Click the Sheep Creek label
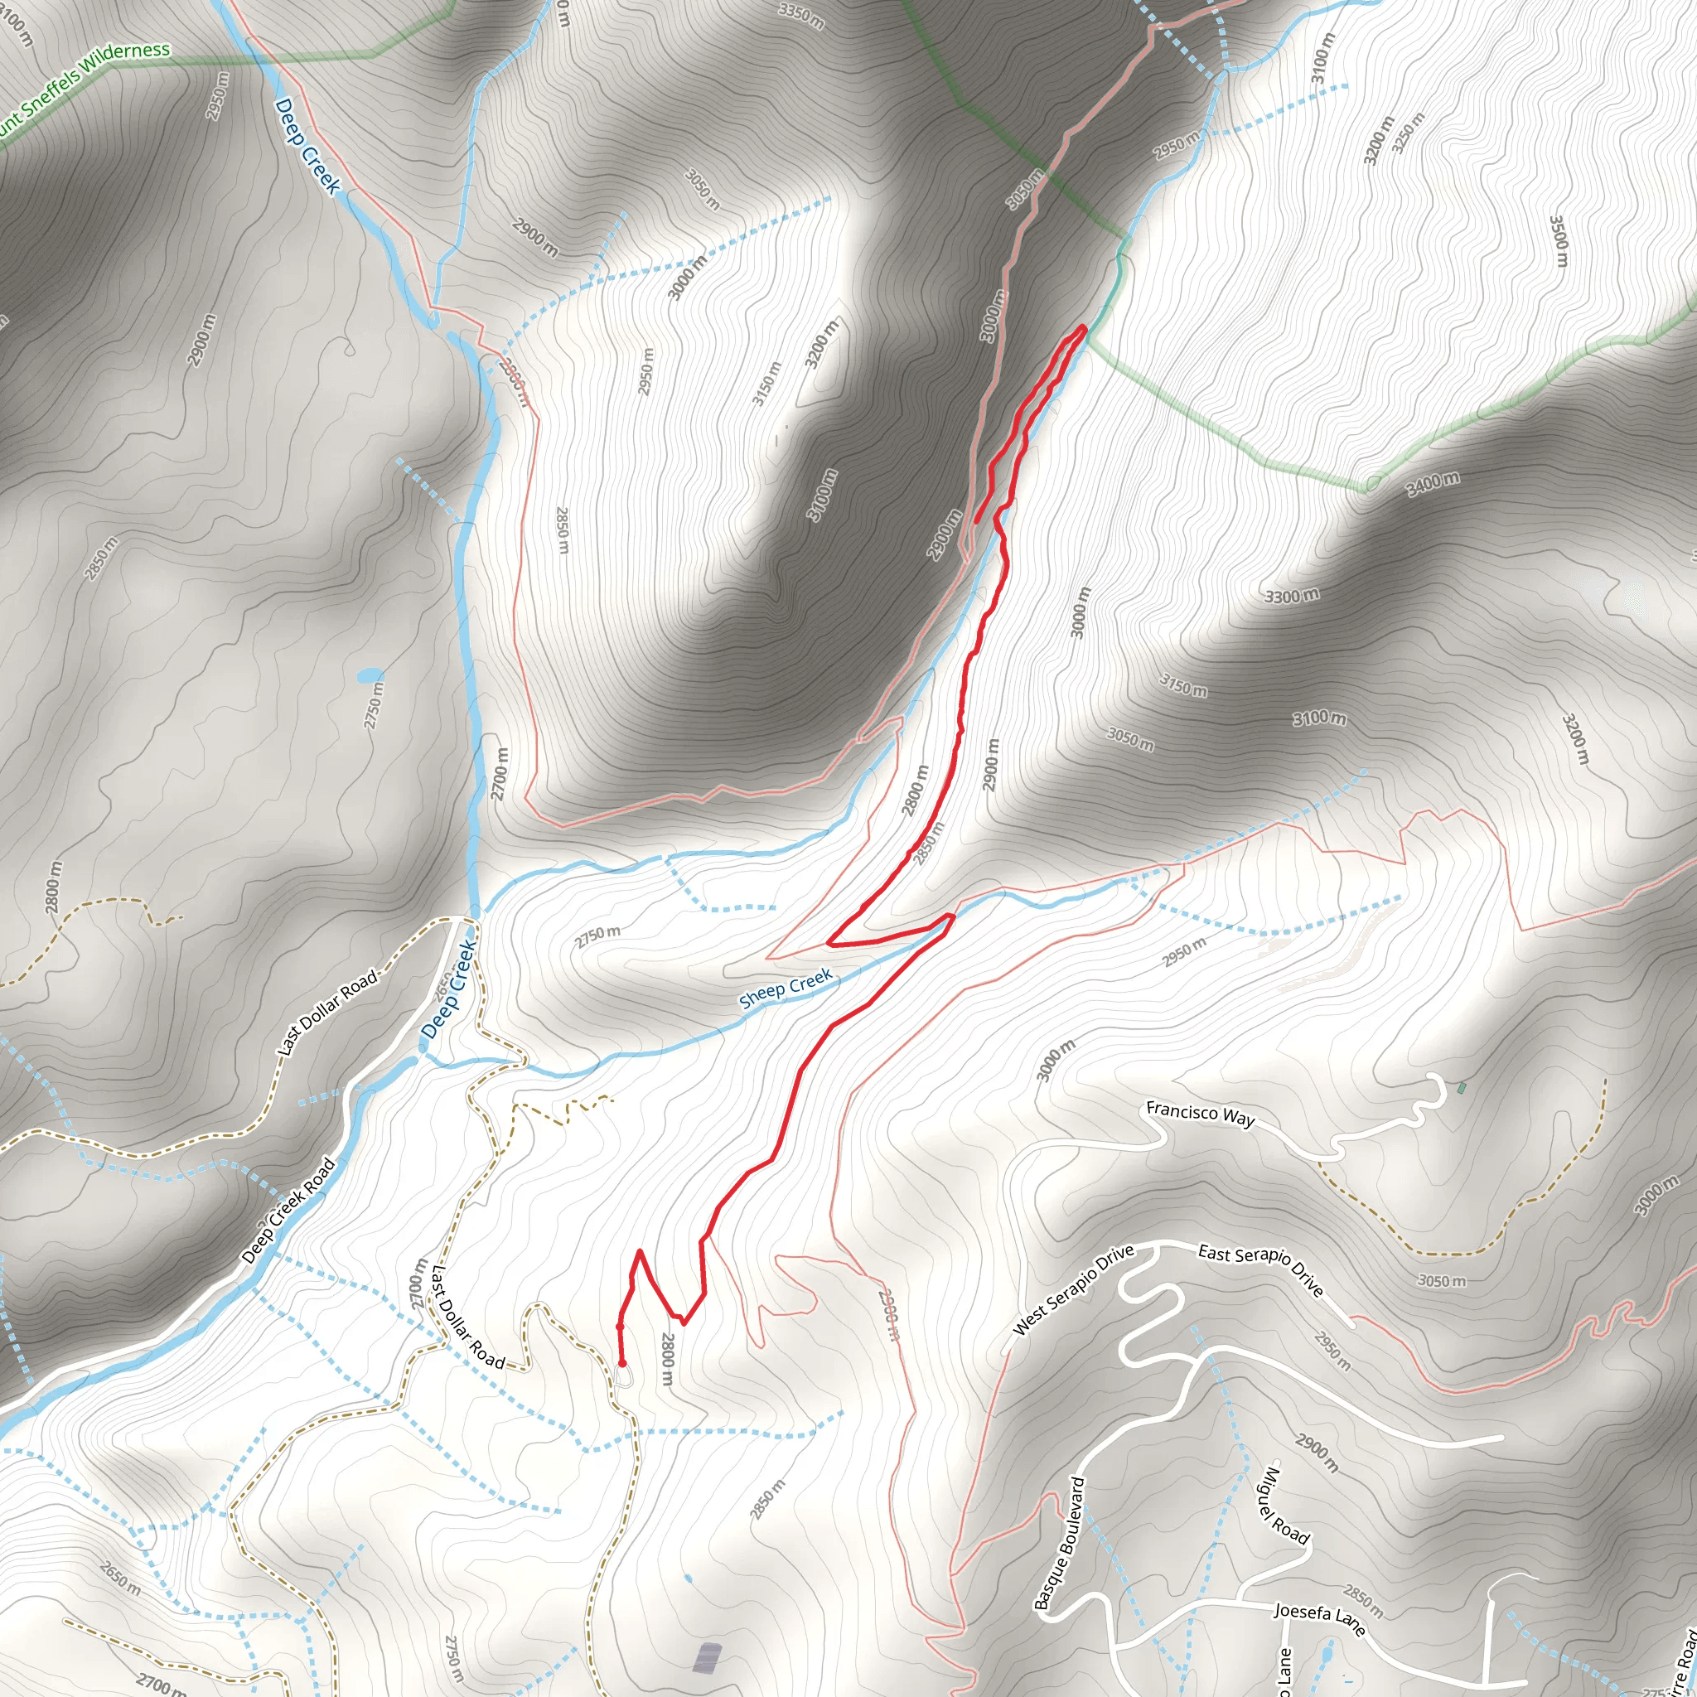coord(785,989)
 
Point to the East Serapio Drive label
coord(1260,1269)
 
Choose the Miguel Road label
coord(1286,1506)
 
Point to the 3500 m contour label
coord(1557,242)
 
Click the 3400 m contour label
coord(1433,483)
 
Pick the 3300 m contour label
coord(1291,597)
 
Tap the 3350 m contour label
coord(801,15)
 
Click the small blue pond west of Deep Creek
coord(370,674)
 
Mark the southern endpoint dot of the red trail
coord(622,1364)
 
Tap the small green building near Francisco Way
coord(1461,1087)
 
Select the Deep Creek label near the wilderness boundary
coord(307,146)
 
